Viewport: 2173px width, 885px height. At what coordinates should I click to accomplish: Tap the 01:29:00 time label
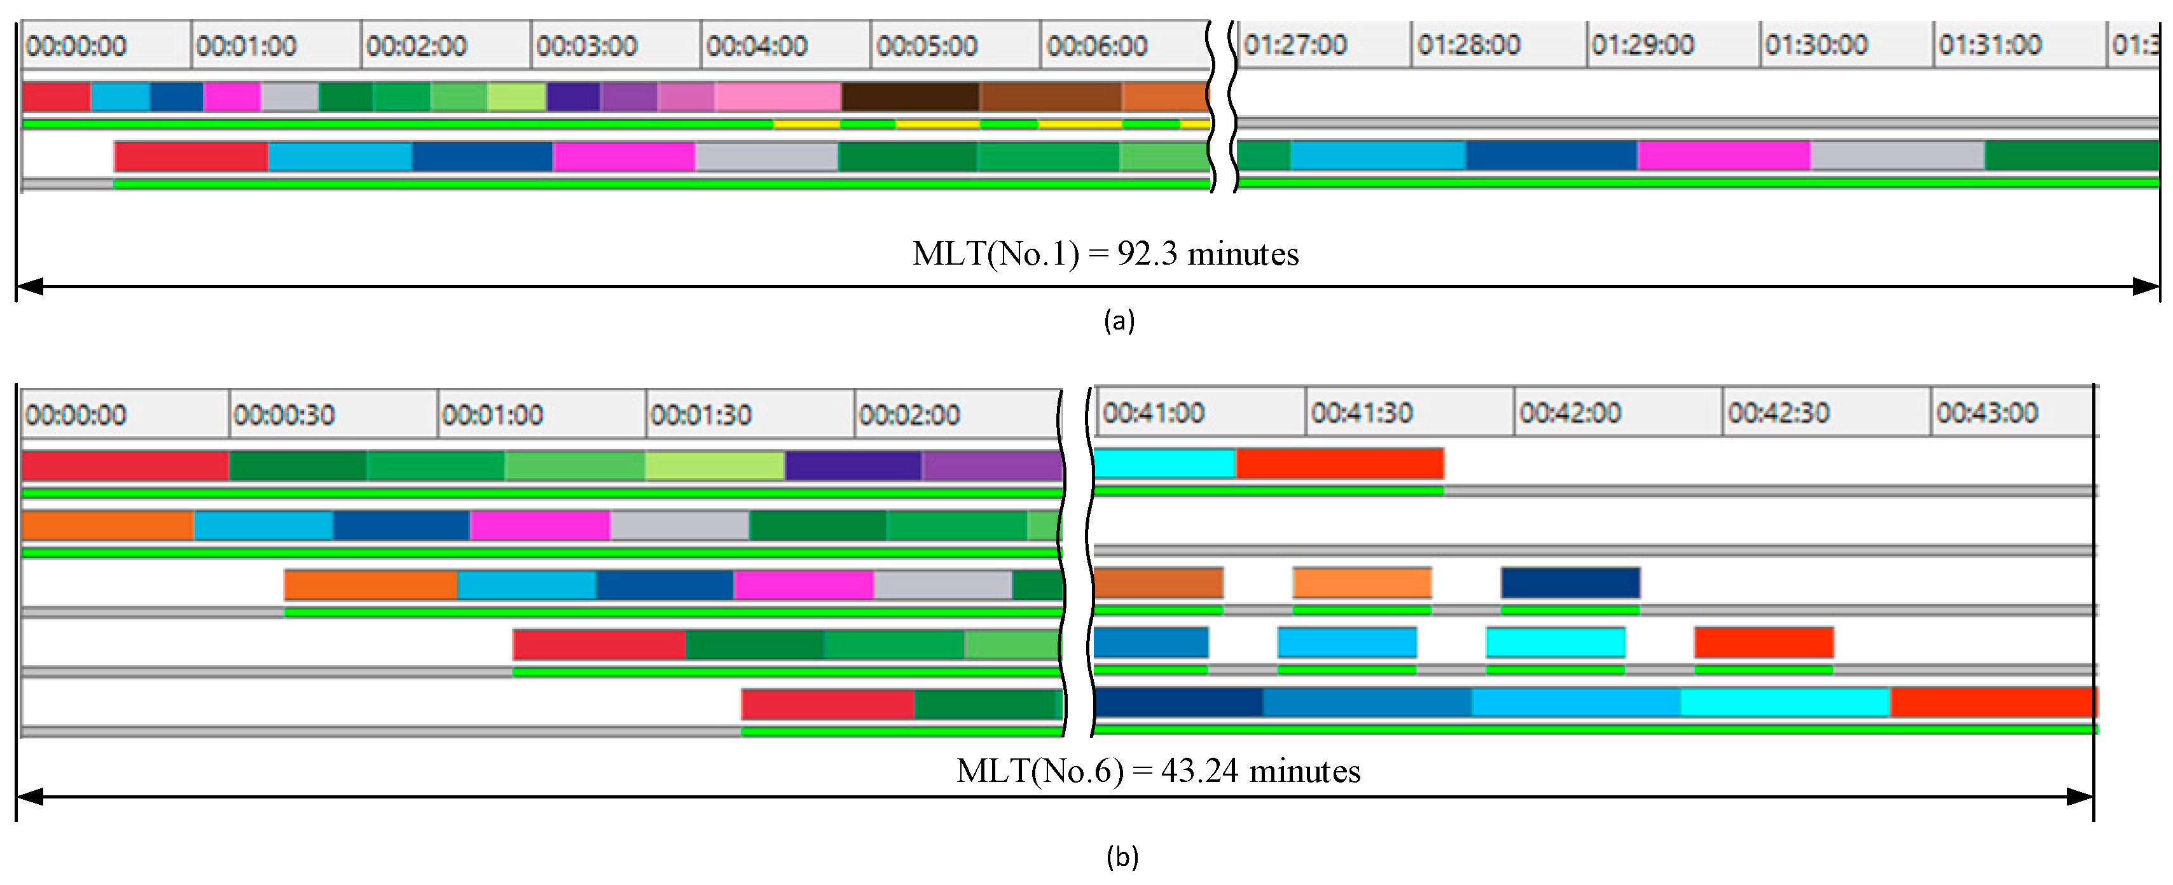click(x=1641, y=44)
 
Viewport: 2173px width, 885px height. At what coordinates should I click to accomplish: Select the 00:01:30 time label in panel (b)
click(x=700, y=414)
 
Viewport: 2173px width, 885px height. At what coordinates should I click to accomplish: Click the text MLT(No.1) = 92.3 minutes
click(x=1105, y=254)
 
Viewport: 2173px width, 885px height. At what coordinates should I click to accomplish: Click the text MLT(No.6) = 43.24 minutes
click(x=1158, y=771)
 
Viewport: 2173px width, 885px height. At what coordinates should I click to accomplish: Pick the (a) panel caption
click(x=1119, y=321)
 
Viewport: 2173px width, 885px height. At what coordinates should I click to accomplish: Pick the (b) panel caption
click(x=1122, y=857)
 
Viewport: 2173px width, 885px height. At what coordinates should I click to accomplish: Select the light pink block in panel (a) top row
click(x=778, y=97)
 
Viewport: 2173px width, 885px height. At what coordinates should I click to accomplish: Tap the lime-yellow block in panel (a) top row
click(x=516, y=97)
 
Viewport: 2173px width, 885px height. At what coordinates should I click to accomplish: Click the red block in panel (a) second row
click(x=191, y=156)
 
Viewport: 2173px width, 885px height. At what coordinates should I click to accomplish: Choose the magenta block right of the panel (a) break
click(x=1723, y=155)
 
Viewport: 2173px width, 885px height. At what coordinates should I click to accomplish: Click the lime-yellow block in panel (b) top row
click(x=715, y=466)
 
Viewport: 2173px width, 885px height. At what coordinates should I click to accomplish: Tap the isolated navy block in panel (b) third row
click(x=1570, y=583)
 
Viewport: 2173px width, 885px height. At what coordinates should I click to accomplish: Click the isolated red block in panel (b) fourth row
click(x=1763, y=643)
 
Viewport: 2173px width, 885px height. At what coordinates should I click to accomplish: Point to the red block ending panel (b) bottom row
click(x=1992, y=702)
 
